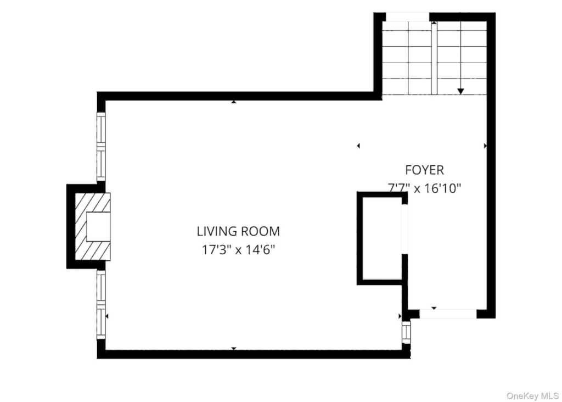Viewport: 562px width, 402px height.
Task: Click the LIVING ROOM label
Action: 238,231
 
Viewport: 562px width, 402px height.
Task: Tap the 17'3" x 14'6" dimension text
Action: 238,249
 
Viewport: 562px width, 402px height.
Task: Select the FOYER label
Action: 424,170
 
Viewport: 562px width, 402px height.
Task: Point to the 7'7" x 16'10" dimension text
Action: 424,188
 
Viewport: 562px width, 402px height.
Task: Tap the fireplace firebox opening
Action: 98,227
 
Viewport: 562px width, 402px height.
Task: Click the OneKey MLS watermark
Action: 532,396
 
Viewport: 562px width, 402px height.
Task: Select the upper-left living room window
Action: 101,146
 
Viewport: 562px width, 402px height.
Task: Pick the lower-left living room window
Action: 101,304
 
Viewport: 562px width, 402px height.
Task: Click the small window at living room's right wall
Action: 406,332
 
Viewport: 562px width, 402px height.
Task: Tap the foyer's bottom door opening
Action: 448,314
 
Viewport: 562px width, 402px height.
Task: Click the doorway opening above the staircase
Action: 408,17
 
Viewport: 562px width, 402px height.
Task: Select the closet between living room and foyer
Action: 383,238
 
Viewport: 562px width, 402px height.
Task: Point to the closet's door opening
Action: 404,229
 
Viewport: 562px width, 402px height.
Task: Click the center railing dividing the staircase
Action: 434,58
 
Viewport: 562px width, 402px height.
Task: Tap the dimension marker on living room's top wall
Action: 234,102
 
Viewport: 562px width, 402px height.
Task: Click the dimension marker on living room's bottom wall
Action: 234,348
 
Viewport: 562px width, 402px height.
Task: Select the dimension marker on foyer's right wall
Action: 485,146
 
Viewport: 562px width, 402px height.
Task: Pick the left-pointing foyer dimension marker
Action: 358,146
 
